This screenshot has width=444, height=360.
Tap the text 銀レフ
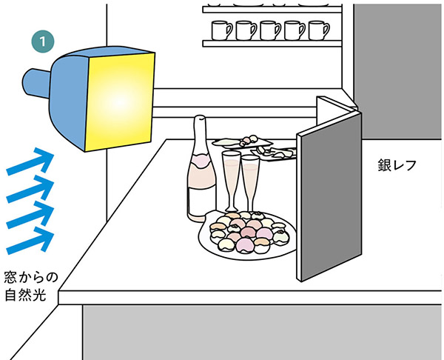tap(397, 165)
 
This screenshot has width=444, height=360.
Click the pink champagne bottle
tap(199, 178)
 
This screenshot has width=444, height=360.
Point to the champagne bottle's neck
tap(199, 133)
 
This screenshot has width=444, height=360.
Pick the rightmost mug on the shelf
tap(317, 30)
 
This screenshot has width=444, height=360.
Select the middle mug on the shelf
tap(270, 30)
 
